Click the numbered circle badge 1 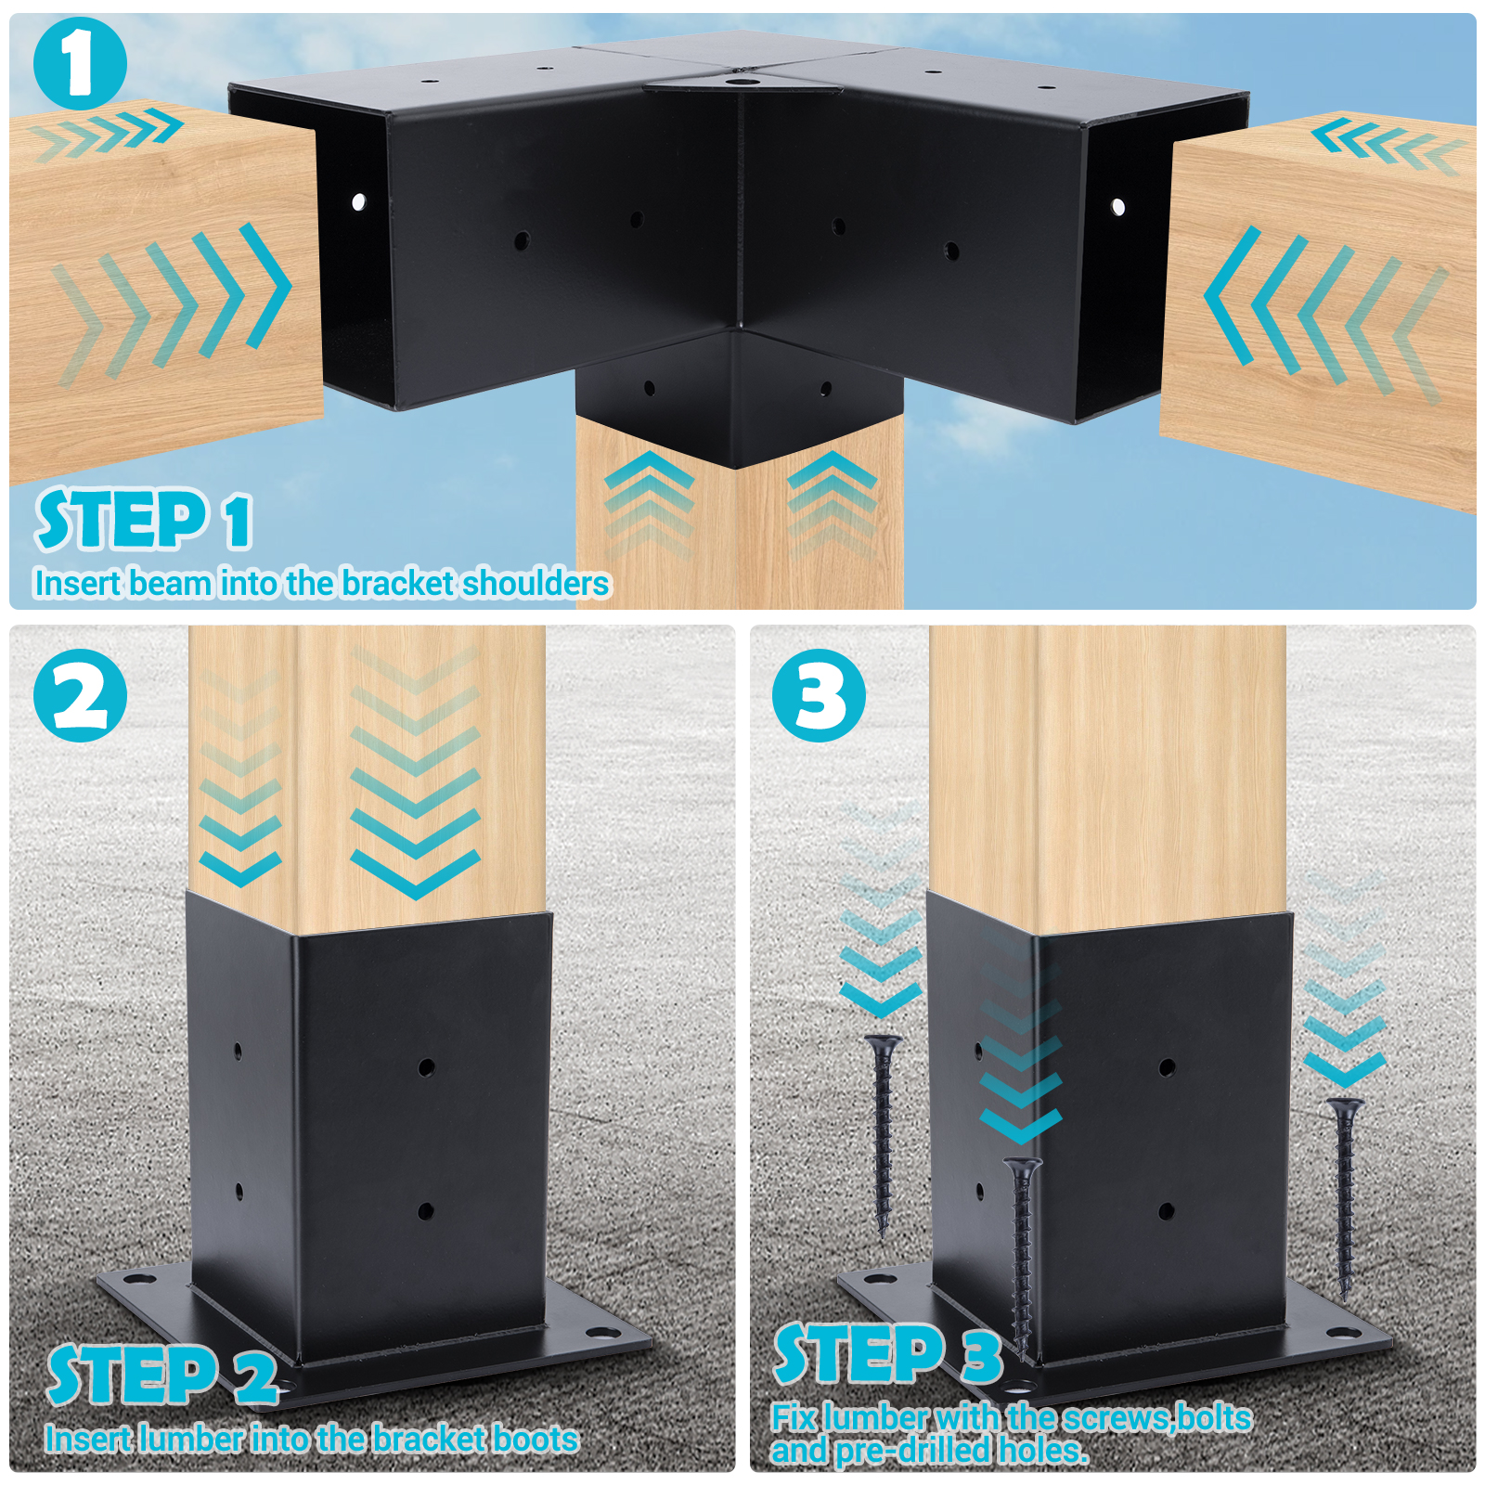pyautogui.click(x=80, y=63)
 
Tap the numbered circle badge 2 pyautogui.click(x=80, y=695)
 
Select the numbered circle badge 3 pyautogui.click(x=819, y=695)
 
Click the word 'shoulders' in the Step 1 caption pyautogui.click(x=536, y=583)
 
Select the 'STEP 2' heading pyautogui.click(x=163, y=1375)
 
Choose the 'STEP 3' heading pyautogui.click(x=889, y=1354)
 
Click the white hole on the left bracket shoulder pyautogui.click(x=358, y=200)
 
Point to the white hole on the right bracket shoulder pyautogui.click(x=1118, y=206)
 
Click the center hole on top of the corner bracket pyautogui.click(x=740, y=82)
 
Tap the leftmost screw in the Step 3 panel pyautogui.click(x=883, y=1137)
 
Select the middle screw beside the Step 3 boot pyautogui.click(x=1022, y=1259)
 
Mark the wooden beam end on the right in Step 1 pyautogui.click(x=1318, y=311)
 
